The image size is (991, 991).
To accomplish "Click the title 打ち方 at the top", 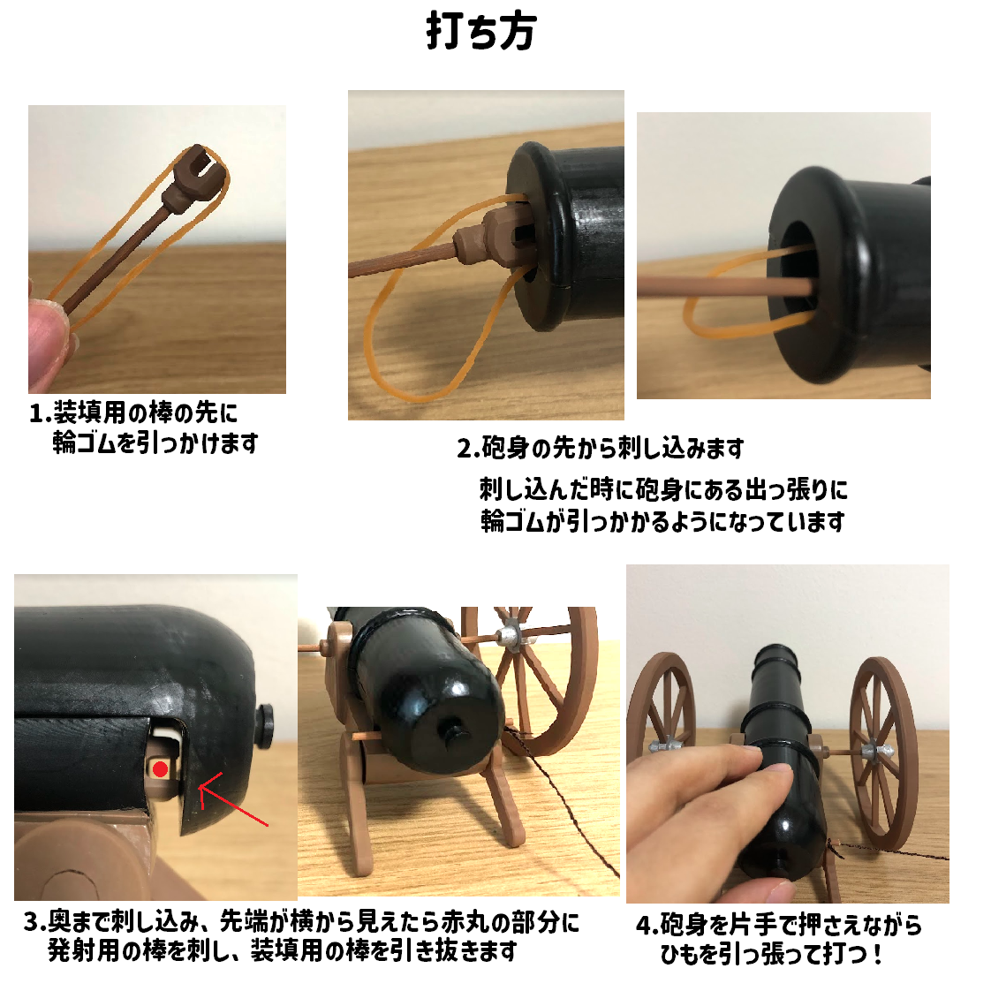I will [481, 32].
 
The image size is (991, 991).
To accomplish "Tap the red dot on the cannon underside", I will [160, 769].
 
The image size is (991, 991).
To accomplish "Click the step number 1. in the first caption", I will [40, 413].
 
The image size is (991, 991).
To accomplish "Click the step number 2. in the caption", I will [467, 449].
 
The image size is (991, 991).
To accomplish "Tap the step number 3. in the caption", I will [34, 923].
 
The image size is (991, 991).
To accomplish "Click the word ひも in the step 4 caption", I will [680, 955].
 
